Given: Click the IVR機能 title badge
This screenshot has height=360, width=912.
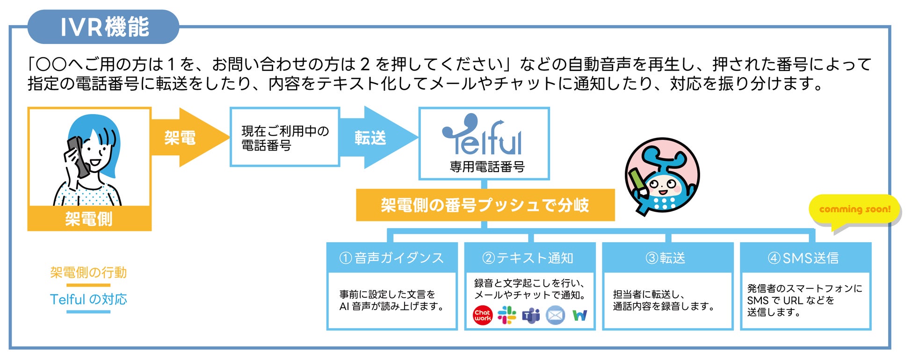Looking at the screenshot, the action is (x=103, y=27).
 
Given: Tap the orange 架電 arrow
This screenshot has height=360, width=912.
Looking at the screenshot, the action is (x=187, y=137).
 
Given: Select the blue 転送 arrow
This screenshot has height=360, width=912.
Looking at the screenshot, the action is (x=374, y=137).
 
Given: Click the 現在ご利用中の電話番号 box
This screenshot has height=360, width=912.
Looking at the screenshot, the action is (x=284, y=137).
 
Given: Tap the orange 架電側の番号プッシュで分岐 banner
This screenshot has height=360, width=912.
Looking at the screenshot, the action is (x=485, y=205).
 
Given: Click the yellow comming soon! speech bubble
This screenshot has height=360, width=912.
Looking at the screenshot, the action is (x=854, y=210).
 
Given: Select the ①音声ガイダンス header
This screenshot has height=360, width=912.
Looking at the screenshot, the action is (x=391, y=258).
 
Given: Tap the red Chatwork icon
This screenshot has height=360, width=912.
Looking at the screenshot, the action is (x=482, y=316).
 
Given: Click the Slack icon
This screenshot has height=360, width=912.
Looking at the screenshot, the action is (x=507, y=316).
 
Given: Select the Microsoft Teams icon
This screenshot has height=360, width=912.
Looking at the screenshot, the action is (x=531, y=316).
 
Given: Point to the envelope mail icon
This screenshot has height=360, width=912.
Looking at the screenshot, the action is (x=555, y=316).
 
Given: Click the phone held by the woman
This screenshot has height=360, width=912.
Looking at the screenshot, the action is (x=78, y=157).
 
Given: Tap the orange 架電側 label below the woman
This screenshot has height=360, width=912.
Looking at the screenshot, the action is (x=89, y=219).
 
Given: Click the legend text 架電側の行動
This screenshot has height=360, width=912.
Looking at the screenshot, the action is (x=88, y=273).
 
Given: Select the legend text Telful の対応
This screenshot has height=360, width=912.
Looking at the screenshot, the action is (x=88, y=300).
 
